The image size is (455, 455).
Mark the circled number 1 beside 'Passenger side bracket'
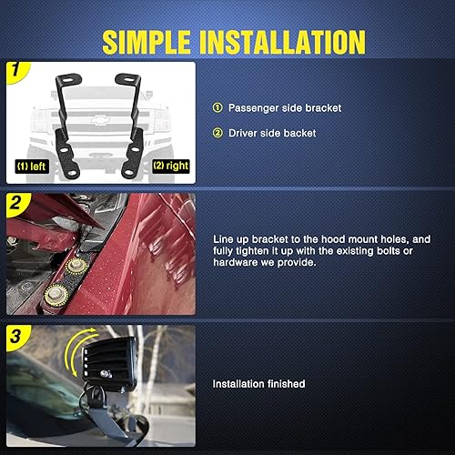pos(217,108)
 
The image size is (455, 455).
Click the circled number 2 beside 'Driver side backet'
pos(217,134)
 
